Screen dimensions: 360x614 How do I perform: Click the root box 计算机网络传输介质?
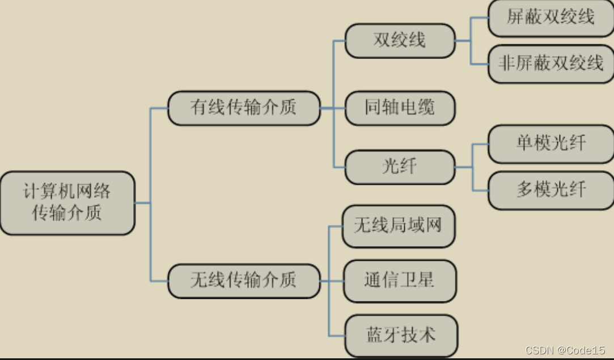[67, 203]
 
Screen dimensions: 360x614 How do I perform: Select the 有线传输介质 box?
[244, 108]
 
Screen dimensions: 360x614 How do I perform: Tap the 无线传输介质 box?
[244, 281]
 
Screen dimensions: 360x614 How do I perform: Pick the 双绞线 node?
[400, 40]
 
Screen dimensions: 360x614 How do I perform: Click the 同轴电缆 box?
[400, 108]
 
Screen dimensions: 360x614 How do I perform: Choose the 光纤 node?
[400, 167]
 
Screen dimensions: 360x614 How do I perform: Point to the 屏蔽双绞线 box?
[551, 18]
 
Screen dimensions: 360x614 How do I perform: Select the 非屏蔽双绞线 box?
[551, 63]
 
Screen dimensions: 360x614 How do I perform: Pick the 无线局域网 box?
[399, 226]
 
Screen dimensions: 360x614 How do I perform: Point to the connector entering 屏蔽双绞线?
[480, 18]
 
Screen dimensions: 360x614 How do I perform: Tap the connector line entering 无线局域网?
[336, 226]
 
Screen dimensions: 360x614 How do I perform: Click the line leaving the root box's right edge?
[143, 203]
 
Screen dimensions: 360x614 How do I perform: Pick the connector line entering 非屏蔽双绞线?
[480, 63]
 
